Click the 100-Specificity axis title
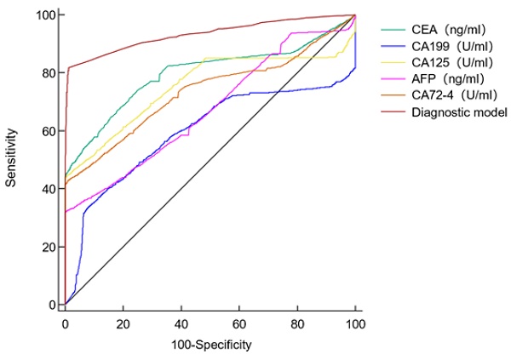[x=210, y=345]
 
